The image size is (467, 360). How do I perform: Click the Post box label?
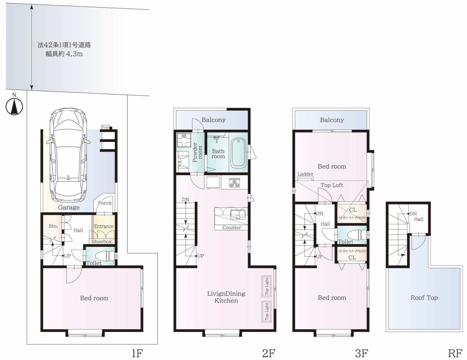[x=105, y=127]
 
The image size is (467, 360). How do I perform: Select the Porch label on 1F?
[x=105, y=203]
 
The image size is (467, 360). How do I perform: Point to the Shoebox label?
[x=102, y=241]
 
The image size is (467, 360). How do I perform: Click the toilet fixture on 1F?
[x=105, y=256]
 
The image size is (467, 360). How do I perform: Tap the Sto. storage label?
[x=53, y=226]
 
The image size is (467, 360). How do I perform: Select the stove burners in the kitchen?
[x=234, y=183]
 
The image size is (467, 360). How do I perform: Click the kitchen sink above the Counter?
[x=238, y=215]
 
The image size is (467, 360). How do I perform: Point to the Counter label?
[x=232, y=227]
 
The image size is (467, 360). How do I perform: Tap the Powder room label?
[x=197, y=152]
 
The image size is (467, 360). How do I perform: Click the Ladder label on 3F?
[x=305, y=174]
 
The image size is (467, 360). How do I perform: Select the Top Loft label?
[x=332, y=185]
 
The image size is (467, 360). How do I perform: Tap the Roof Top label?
[x=424, y=297]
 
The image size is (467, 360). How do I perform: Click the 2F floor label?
[x=269, y=353]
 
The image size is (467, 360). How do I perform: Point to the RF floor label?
[x=455, y=353]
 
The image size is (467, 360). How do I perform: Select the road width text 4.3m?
[x=74, y=54]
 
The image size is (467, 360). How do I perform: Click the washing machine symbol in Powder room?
[x=184, y=140]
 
